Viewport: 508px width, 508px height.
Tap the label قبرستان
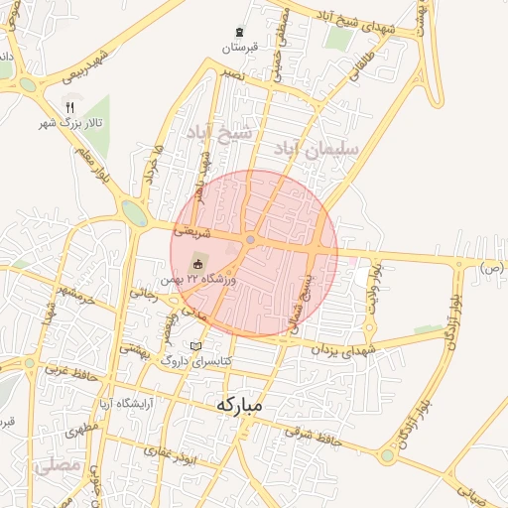pos(239,48)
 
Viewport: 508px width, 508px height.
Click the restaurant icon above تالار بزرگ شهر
pos(69,107)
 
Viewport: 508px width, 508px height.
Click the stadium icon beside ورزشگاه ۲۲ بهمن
pos(197,264)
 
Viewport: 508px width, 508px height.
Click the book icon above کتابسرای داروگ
pos(195,346)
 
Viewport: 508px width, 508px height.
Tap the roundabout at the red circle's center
pos(251,240)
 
